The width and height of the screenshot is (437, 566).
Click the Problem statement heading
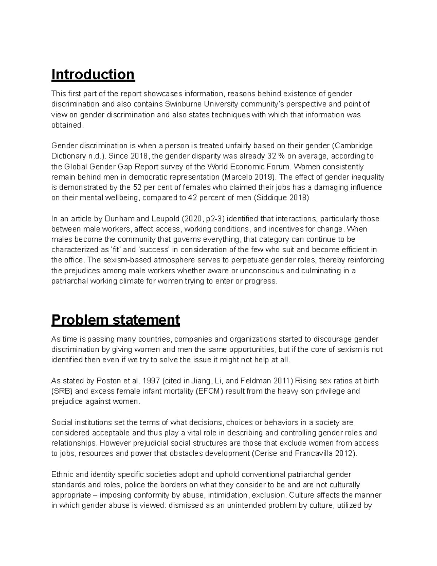tap(115, 320)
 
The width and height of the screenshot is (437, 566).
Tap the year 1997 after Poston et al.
tap(151, 381)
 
